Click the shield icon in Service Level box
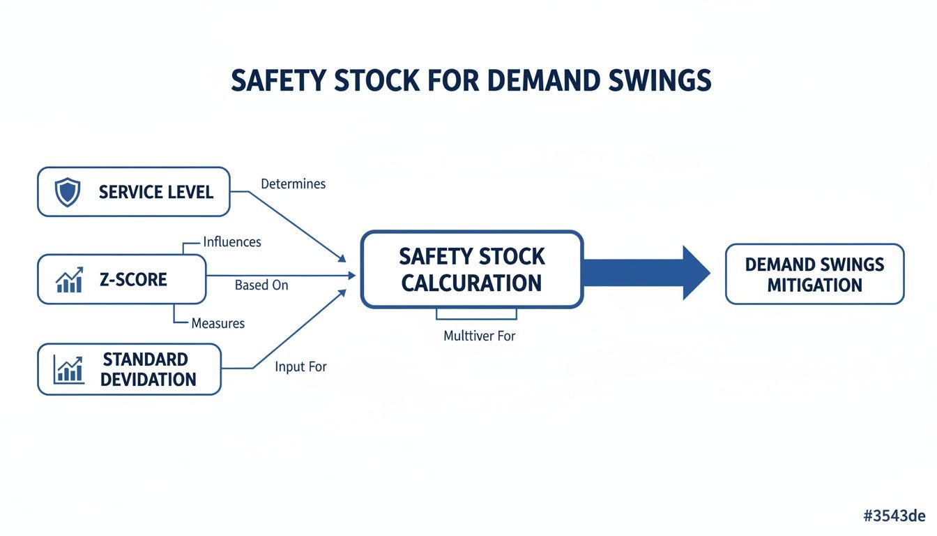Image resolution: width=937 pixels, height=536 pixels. (x=68, y=192)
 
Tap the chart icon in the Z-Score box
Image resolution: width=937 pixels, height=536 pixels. (x=69, y=280)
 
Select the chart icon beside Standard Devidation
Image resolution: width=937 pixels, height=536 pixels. (x=69, y=369)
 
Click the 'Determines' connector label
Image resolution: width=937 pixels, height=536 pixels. (x=293, y=184)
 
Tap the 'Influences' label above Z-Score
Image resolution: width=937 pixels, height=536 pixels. (x=232, y=242)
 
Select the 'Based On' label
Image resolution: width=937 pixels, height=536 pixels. (x=261, y=285)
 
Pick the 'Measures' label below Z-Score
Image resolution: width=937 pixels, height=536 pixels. (x=218, y=324)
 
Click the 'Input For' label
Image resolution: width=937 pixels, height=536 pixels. (x=300, y=366)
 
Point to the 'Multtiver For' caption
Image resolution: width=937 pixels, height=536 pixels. (x=479, y=336)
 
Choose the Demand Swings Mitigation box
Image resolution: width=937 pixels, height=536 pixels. (x=814, y=274)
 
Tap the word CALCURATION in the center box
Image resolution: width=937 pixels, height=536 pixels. (x=471, y=283)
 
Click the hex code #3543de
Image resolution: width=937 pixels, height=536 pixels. (x=894, y=516)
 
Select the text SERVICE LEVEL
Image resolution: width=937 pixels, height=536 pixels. (x=156, y=192)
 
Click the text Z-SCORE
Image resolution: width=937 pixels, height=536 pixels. (x=133, y=280)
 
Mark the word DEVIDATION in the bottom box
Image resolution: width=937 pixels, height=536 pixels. (x=148, y=380)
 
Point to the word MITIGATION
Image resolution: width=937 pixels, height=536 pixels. (x=814, y=285)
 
